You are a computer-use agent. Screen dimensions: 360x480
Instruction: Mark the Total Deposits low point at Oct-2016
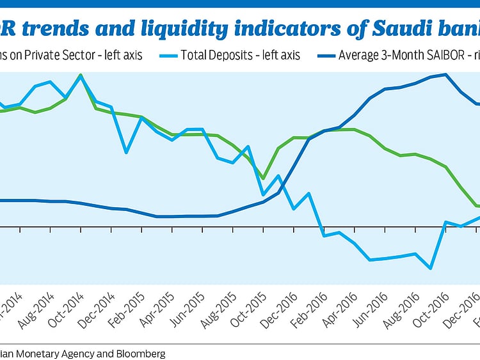pos(431,269)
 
